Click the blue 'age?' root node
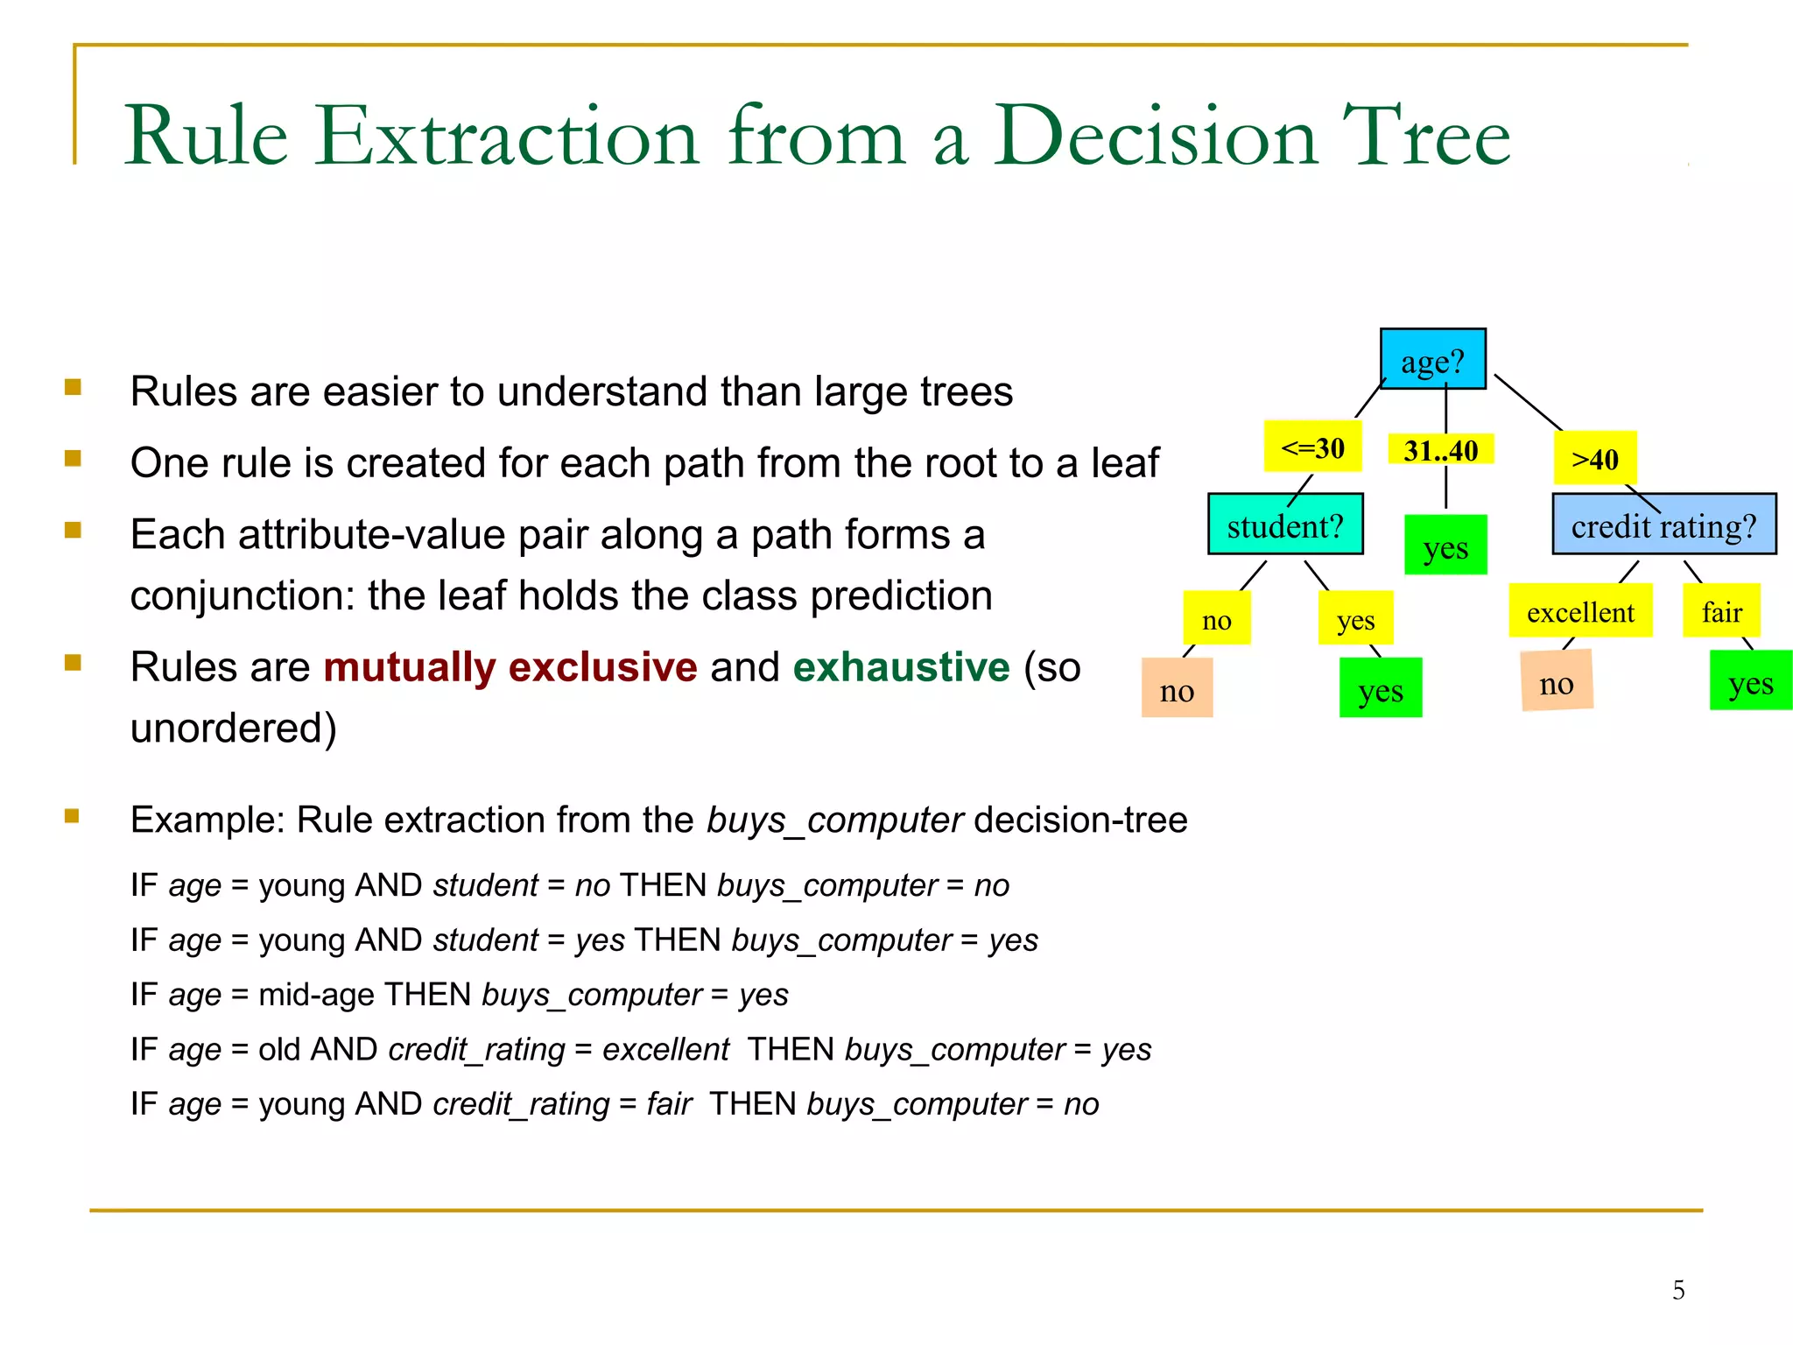[x=1432, y=360]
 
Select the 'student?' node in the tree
[x=1284, y=525]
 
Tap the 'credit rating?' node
[x=1663, y=525]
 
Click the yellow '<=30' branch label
[x=1312, y=447]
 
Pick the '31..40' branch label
[x=1440, y=450]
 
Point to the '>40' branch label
[x=1594, y=458]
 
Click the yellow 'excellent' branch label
[x=1579, y=611]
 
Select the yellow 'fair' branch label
[x=1721, y=611]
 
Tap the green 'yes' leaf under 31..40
[x=1445, y=546]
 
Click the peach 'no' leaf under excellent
[x=1557, y=682]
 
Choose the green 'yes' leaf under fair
[x=1750, y=681]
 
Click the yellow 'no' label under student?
[x=1216, y=619]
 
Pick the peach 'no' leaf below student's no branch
[x=1177, y=689]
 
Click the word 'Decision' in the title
[x=1155, y=136]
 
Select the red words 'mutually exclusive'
[x=510, y=667]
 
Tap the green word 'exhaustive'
[x=901, y=667]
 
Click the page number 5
[x=1677, y=1290]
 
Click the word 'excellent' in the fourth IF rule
[x=665, y=1049]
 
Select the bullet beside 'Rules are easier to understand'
[x=73, y=387]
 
